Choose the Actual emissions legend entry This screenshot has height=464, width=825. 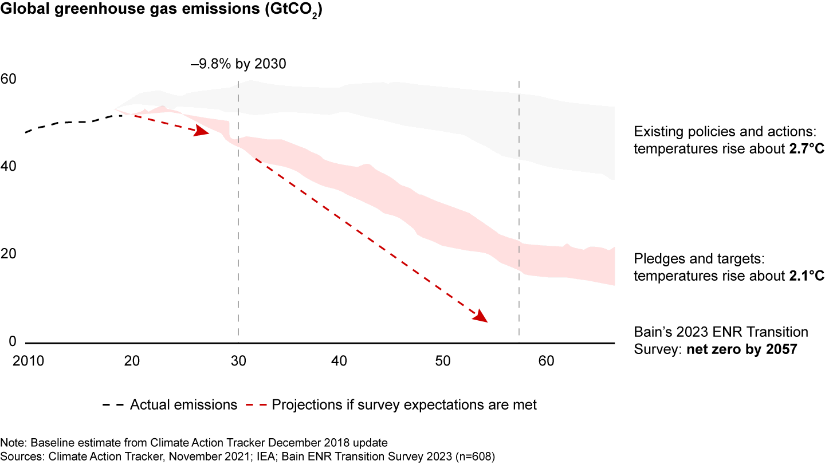coord(183,405)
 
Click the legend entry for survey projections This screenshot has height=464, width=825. coord(404,405)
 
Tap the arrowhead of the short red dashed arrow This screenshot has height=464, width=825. coord(202,132)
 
